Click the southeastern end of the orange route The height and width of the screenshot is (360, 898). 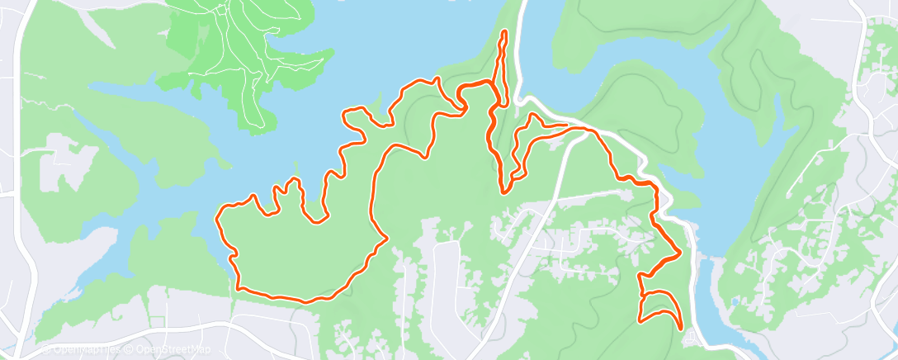(681, 328)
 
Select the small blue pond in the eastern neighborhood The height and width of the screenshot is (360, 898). (735, 302)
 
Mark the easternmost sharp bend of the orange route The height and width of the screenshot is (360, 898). (679, 253)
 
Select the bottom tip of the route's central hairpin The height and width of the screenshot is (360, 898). (503, 192)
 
